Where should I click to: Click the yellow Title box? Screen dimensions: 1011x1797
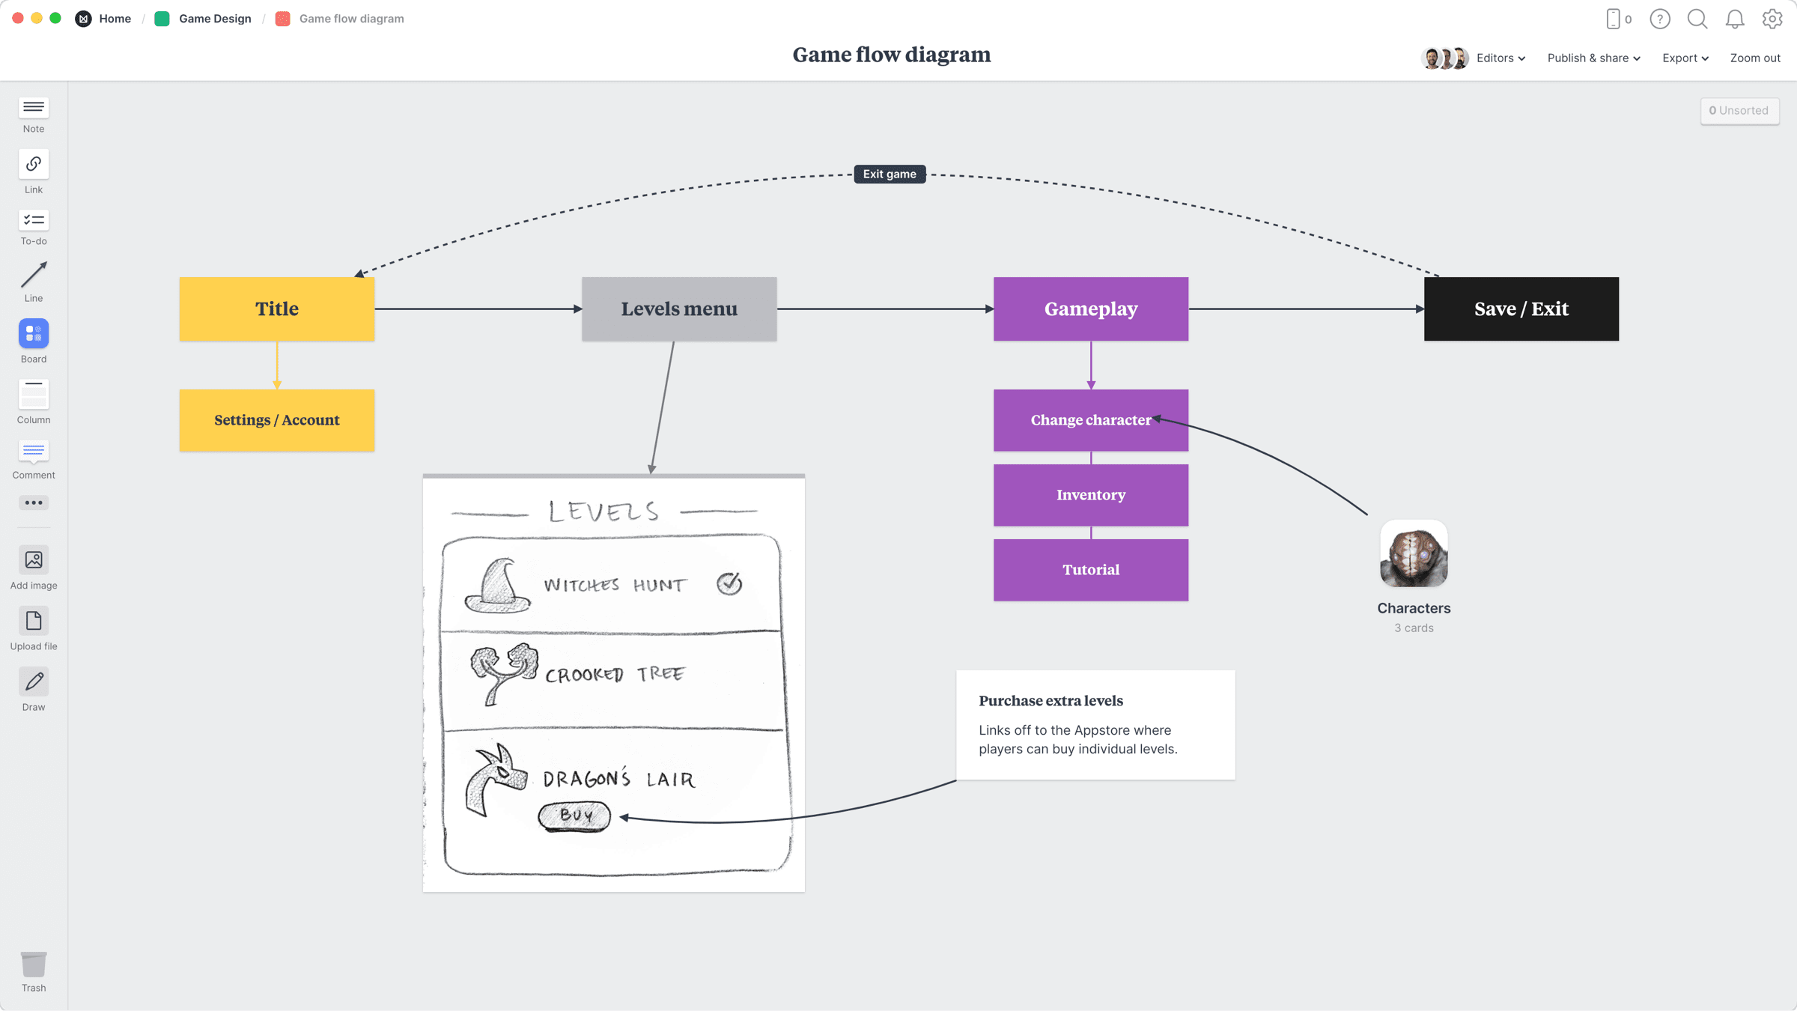(276, 309)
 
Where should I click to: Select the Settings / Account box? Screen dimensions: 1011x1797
(276, 420)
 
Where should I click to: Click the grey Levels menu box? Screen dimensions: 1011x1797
(678, 309)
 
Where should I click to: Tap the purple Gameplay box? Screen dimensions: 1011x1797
(1090, 309)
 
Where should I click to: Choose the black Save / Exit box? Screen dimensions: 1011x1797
(1521, 309)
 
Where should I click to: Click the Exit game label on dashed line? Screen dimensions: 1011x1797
(890, 174)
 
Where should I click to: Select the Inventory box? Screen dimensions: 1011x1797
(1090, 495)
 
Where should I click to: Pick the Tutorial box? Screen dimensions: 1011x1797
(1090, 570)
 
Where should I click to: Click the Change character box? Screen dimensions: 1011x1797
(1090, 420)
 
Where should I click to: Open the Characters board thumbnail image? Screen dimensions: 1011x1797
(1414, 554)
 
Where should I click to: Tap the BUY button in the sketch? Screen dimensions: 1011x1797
(574, 816)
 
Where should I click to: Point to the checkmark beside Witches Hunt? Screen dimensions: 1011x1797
(729, 583)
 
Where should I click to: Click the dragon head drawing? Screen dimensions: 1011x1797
(495, 780)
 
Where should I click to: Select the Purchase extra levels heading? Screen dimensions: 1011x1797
(1050, 701)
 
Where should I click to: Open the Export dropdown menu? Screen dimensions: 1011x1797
(1685, 58)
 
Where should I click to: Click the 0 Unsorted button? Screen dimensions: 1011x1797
(1739, 111)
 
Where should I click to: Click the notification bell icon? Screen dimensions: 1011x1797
(1734, 19)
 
